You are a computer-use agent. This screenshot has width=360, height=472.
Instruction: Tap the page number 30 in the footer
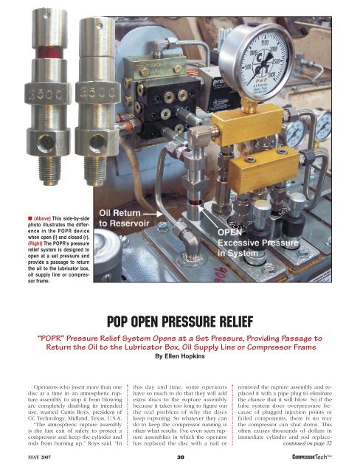click(x=179, y=460)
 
